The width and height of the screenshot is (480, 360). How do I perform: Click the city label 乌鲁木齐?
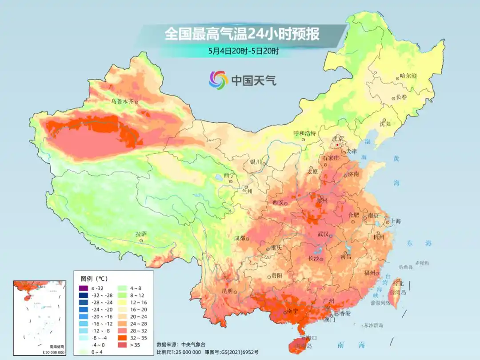122,101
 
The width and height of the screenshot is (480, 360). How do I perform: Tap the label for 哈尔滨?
408,76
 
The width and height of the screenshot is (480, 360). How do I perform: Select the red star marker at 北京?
338,145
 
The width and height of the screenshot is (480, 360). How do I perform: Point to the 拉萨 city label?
141,234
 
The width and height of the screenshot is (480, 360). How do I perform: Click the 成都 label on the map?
240,238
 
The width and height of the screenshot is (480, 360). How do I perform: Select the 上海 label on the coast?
395,221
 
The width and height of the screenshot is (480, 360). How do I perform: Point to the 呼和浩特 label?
304,133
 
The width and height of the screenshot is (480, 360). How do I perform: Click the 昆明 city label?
227,291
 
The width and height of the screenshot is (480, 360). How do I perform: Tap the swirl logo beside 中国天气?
218,80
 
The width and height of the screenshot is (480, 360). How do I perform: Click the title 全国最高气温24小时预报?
242,34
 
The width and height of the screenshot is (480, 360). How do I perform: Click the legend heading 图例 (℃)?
94,279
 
